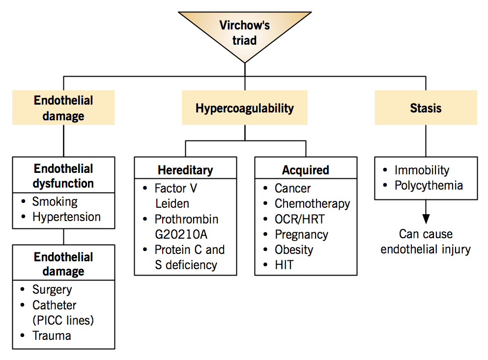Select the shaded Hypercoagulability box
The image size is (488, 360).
[x=245, y=108]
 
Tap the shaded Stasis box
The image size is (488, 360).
[x=426, y=108]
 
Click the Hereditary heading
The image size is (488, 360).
[x=185, y=170]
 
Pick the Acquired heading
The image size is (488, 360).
[x=306, y=170]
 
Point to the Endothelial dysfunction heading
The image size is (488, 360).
[x=63, y=176]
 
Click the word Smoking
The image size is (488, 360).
[x=55, y=202]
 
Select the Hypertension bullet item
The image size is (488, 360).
[x=67, y=217]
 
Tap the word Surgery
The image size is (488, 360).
[x=52, y=290]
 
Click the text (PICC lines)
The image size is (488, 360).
[x=63, y=320]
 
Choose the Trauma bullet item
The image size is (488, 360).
[x=52, y=336]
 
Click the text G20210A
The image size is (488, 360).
[x=181, y=234]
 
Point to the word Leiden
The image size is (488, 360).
[x=172, y=203]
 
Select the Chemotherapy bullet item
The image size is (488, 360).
[x=312, y=204]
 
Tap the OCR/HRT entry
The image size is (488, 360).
[x=299, y=219]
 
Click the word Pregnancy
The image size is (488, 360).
[x=301, y=235]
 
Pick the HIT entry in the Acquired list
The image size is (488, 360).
[x=284, y=265]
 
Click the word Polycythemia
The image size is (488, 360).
[x=429, y=186]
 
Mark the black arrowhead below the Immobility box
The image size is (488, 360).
[x=426, y=219]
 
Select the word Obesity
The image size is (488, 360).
[x=294, y=250]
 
